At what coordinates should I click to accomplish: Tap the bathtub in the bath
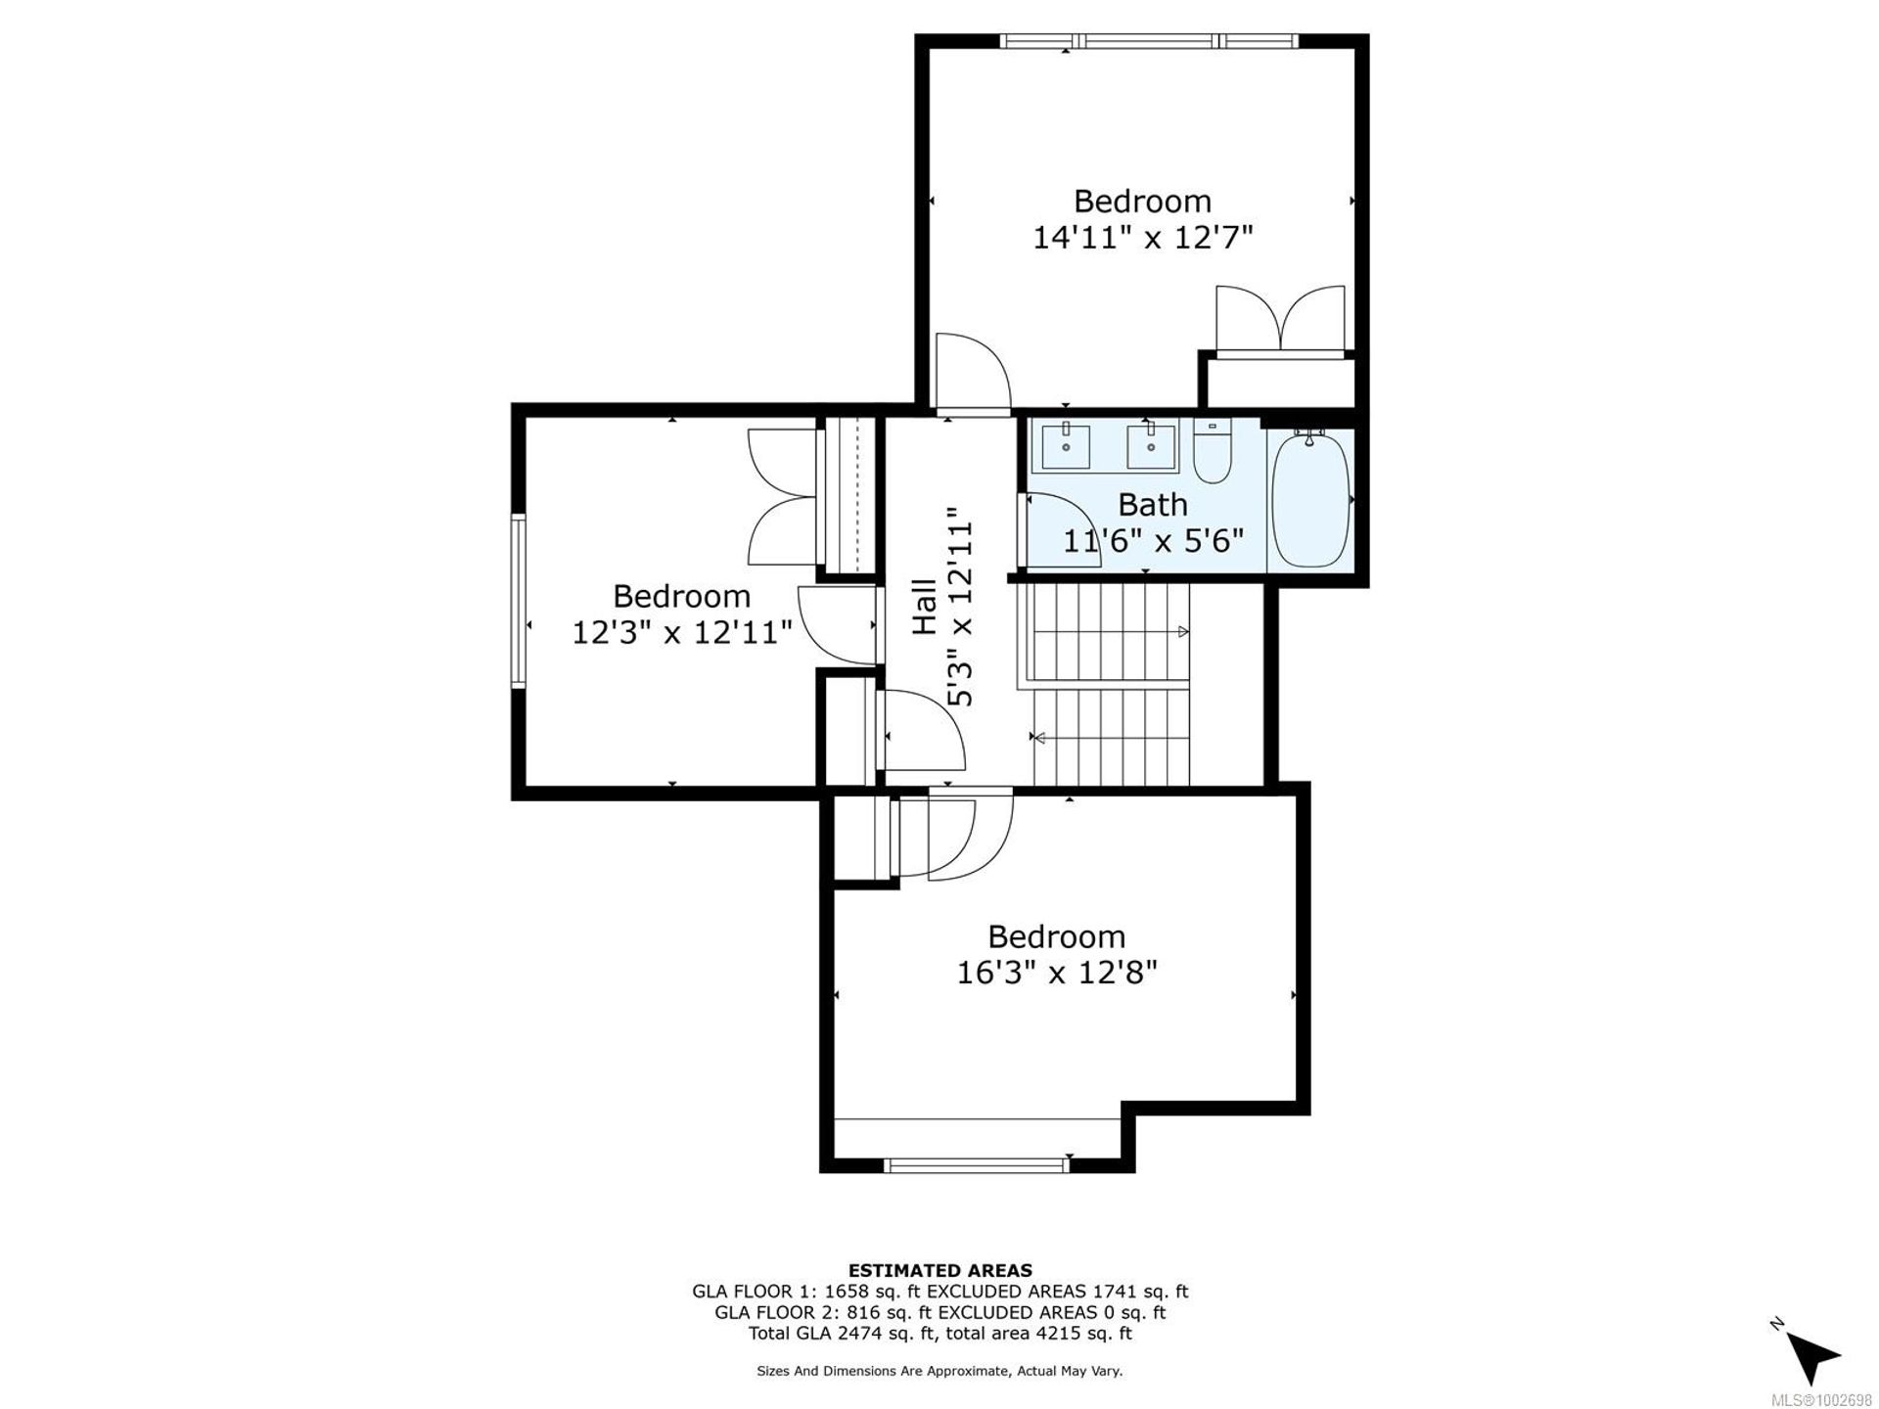click(1310, 499)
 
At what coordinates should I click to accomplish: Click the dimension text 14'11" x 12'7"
click(1143, 238)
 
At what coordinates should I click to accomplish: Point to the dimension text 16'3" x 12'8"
click(1057, 973)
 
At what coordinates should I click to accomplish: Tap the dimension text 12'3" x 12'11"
click(682, 632)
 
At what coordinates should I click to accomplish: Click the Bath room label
click(1153, 505)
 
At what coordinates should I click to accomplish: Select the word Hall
click(925, 607)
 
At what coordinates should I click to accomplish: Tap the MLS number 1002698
click(1829, 1400)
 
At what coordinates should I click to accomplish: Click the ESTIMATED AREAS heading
click(939, 1271)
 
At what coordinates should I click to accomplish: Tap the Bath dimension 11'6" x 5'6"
click(1153, 540)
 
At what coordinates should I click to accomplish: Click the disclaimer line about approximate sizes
click(939, 1371)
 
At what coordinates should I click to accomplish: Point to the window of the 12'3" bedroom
click(519, 601)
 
